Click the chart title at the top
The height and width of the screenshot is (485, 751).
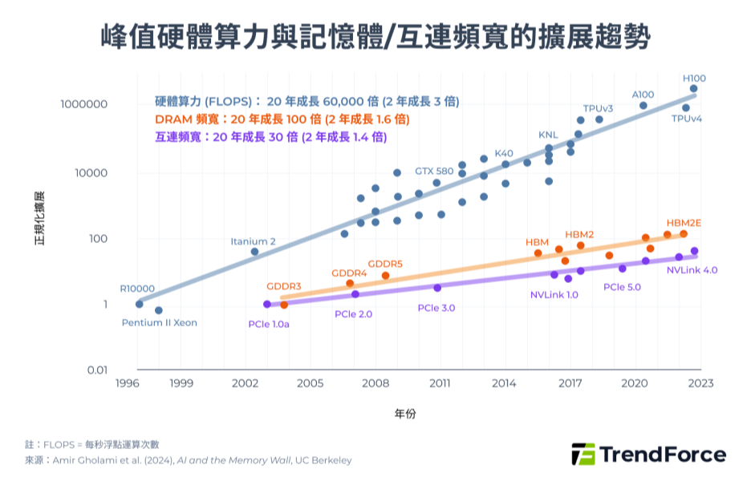coord(375,37)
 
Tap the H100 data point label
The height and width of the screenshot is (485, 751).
coord(694,78)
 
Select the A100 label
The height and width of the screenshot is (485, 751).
coord(643,94)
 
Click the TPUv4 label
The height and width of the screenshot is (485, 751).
coord(687,119)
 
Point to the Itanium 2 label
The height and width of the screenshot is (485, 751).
coord(253,241)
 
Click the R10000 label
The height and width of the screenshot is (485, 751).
coord(137,289)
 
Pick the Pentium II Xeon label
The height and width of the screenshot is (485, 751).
coord(159,323)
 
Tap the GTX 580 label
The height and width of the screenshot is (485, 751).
coord(434,171)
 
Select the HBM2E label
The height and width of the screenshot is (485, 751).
coord(684,222)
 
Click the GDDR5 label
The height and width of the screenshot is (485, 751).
coord(385,264)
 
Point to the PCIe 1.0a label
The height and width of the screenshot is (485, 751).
coord(269,324)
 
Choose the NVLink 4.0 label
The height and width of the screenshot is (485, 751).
coord(692,270)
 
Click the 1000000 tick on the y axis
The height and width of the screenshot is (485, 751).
coord(85,105)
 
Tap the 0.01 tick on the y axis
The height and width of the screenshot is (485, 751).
coord(96,370)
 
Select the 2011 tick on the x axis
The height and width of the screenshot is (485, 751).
coord(440,384)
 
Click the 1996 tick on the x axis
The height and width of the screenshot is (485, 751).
coord(128,384)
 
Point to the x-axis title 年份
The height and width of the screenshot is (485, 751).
coord(405,414)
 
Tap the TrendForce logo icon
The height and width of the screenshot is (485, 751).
coord(583,454)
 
